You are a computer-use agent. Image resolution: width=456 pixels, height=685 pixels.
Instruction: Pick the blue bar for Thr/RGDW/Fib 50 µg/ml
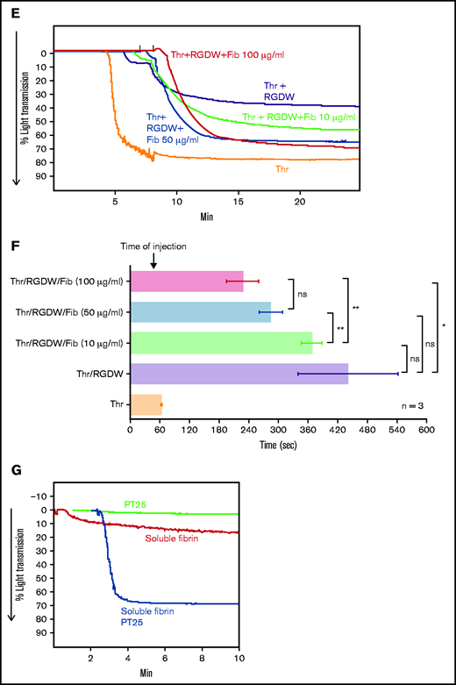(200, 311)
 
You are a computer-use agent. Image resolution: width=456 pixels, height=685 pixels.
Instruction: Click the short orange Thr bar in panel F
(146, 403)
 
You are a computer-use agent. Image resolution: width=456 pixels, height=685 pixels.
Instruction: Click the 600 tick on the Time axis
(426, 432)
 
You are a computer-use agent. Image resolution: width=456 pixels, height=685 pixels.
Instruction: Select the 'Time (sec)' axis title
(278, 446)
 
